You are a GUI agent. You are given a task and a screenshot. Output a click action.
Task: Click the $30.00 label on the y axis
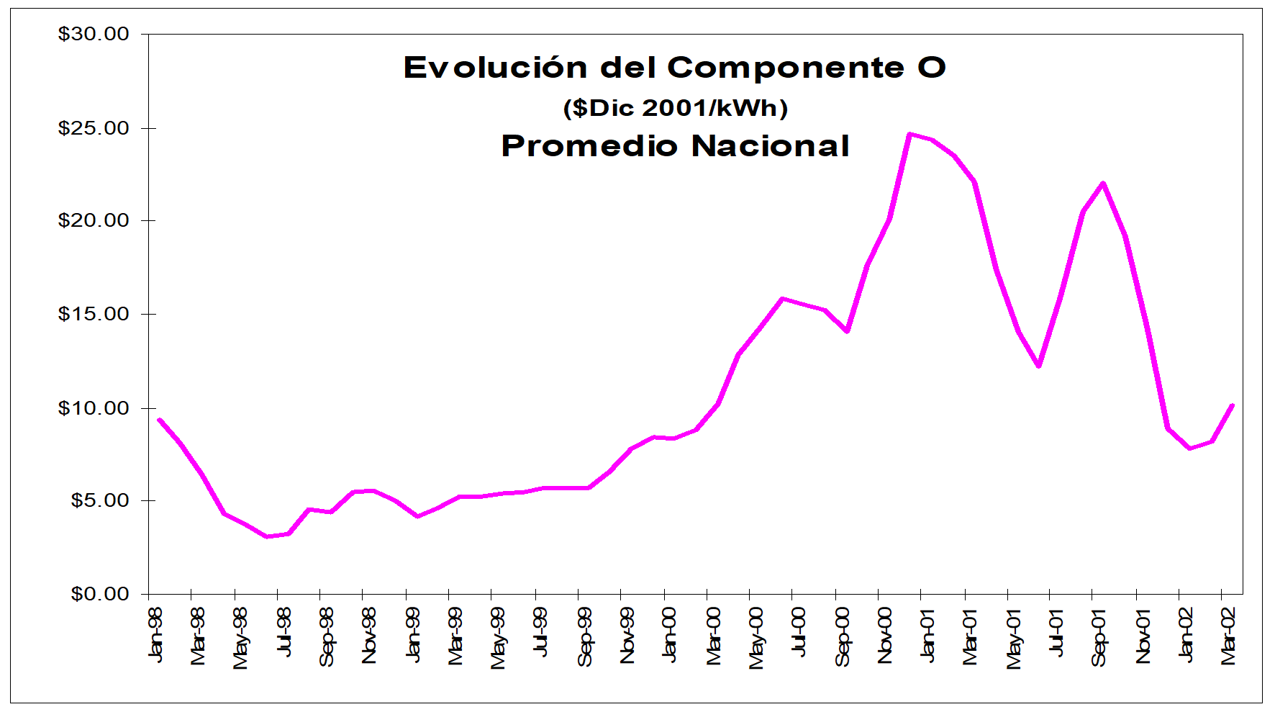94,34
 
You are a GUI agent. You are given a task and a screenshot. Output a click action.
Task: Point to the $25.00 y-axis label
94,128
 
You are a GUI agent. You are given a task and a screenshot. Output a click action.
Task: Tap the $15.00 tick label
94,314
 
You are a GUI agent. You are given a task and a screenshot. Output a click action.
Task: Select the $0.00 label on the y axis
100,594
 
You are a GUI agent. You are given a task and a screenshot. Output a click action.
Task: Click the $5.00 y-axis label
100,500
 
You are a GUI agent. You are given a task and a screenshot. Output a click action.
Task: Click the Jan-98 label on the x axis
155,634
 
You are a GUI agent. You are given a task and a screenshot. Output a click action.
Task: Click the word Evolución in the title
496,68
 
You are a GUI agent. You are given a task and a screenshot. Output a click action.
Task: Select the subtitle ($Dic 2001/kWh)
676,108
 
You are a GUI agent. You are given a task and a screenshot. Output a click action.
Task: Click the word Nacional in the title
771,146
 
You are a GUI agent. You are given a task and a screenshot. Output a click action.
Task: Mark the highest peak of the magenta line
909,134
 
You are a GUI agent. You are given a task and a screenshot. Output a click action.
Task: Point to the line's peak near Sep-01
1102,183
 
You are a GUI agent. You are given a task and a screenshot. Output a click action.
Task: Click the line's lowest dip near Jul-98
267,536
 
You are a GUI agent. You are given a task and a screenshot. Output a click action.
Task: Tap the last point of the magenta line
1233,405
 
